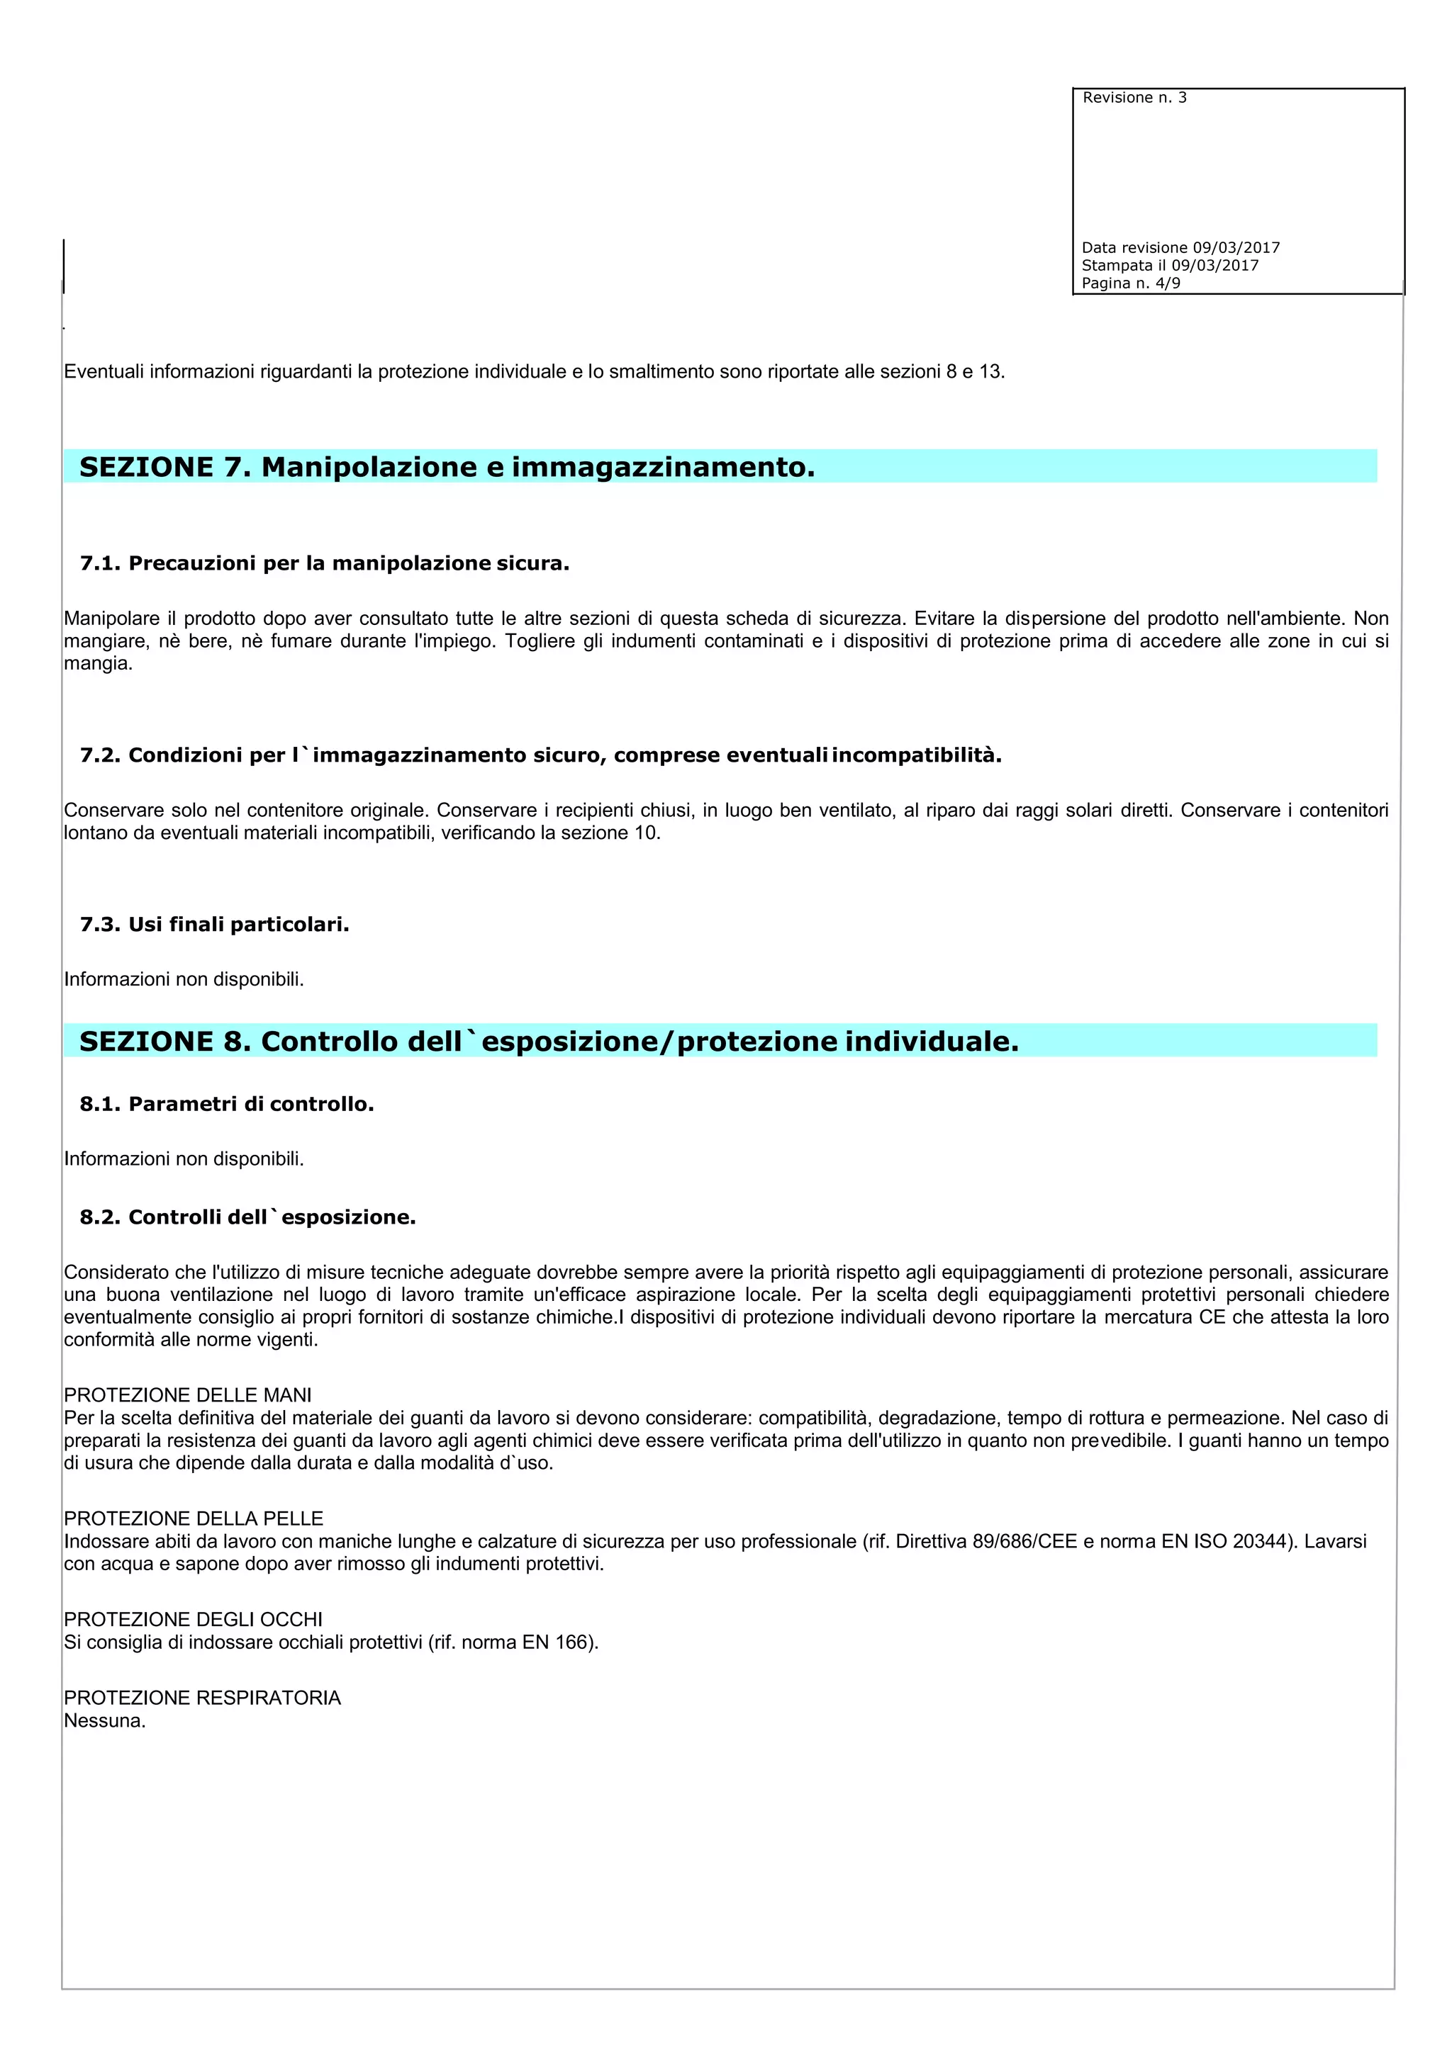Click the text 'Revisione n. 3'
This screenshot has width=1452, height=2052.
(1134, 97)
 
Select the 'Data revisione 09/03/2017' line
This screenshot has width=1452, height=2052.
(1180, 247)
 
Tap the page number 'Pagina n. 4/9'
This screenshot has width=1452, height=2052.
(1130, 283)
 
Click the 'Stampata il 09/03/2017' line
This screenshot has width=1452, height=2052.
(1169, 266)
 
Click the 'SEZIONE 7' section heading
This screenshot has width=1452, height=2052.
(447, 466)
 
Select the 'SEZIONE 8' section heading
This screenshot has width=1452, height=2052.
(549, 1041)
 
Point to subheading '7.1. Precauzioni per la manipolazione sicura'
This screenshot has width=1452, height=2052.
(325, 563)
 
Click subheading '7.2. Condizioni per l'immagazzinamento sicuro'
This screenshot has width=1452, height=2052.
(540, 755)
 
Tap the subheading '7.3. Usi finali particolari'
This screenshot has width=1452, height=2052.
(215, 924)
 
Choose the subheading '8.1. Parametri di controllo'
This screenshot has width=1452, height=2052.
(226, 1104)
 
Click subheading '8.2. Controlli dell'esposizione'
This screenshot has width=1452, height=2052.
(247, 1217)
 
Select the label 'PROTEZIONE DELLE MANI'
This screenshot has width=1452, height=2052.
(188, 1395)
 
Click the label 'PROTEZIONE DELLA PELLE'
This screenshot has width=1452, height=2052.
(193, 1518)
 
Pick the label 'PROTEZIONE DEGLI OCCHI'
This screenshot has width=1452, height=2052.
(193, 1620)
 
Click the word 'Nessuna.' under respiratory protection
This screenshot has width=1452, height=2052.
(105, 1721)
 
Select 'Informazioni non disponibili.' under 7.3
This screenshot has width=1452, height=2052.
(184, 979)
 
